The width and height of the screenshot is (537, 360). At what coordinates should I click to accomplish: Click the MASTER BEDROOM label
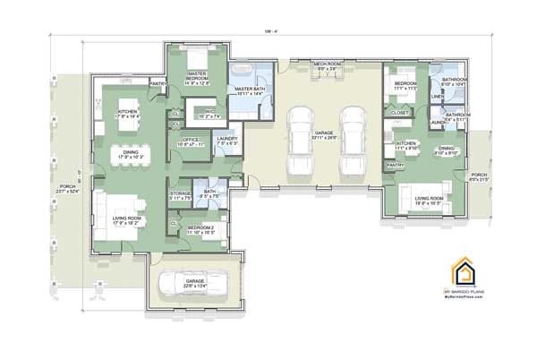coord(198,80)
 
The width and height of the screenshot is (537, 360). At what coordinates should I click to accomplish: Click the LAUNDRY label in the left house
coord(226,140)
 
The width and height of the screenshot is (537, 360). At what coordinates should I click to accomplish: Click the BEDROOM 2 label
coord(200,229)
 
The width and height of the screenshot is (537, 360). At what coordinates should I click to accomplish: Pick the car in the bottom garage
coord(194,286)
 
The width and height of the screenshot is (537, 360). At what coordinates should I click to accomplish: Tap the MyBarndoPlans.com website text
coord(463,298)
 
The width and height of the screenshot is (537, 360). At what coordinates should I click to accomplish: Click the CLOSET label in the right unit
coord(399,113)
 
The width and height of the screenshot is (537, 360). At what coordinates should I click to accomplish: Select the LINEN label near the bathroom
coord(438,96)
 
